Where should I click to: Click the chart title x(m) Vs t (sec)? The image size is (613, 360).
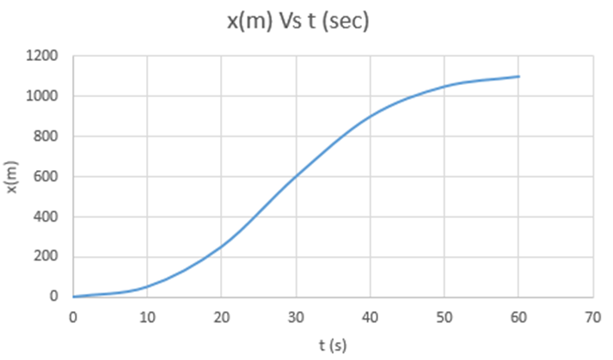coord(297,21)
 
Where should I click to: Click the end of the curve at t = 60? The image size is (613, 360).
coord(519,76)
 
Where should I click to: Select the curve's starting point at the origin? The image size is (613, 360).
coord(74,296)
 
